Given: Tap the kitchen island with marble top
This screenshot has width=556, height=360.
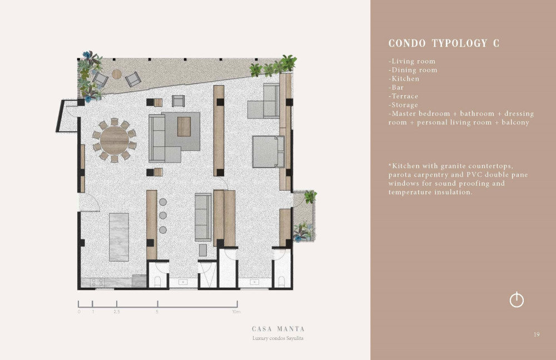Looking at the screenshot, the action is pyautogui.click(x=119, y=237).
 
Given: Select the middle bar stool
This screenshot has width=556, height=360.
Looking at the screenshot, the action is pyautogui.click(x=163, y=215).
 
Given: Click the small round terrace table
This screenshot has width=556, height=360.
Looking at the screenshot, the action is pyautogui.click(x=117, y=74).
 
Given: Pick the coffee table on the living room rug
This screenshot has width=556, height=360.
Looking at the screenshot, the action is pyautogui.click(x=183, y=126).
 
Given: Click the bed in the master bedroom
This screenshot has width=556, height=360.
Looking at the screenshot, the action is pyautogui.click(x=268, y=152).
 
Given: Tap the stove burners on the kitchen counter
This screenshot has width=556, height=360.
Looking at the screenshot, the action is pyautogui.click(x=97, y=282).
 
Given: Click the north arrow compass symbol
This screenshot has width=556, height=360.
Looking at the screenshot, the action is pyautogui.click(x=517, y=300).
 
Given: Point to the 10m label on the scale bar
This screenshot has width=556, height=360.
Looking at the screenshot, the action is pyautogui.click(x=236, y=312).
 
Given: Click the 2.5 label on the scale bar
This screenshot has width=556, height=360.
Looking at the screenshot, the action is pyautogui.click(x=117, y=312).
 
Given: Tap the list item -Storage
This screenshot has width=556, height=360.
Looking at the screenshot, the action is pyautogui.click(x=403, y=105).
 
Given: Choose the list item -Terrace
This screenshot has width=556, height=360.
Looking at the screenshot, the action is pyautogui.click(x=403, y=96).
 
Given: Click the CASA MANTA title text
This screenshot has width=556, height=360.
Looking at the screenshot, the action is pyautogui.click(x=278, y=329).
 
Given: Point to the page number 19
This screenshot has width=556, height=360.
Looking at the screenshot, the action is pyautogui.click(x=537, y=334).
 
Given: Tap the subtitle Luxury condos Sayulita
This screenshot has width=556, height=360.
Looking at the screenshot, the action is pyautogui.click(x=278, y=338).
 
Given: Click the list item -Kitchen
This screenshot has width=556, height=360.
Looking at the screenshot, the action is pyautogui.click(x=404, y=78).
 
